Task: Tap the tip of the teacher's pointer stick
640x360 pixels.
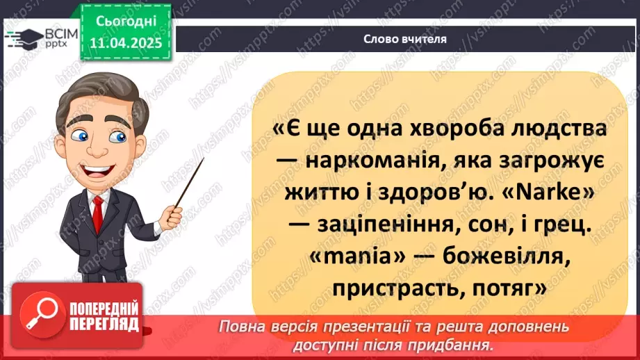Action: click(x=203, y=160)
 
